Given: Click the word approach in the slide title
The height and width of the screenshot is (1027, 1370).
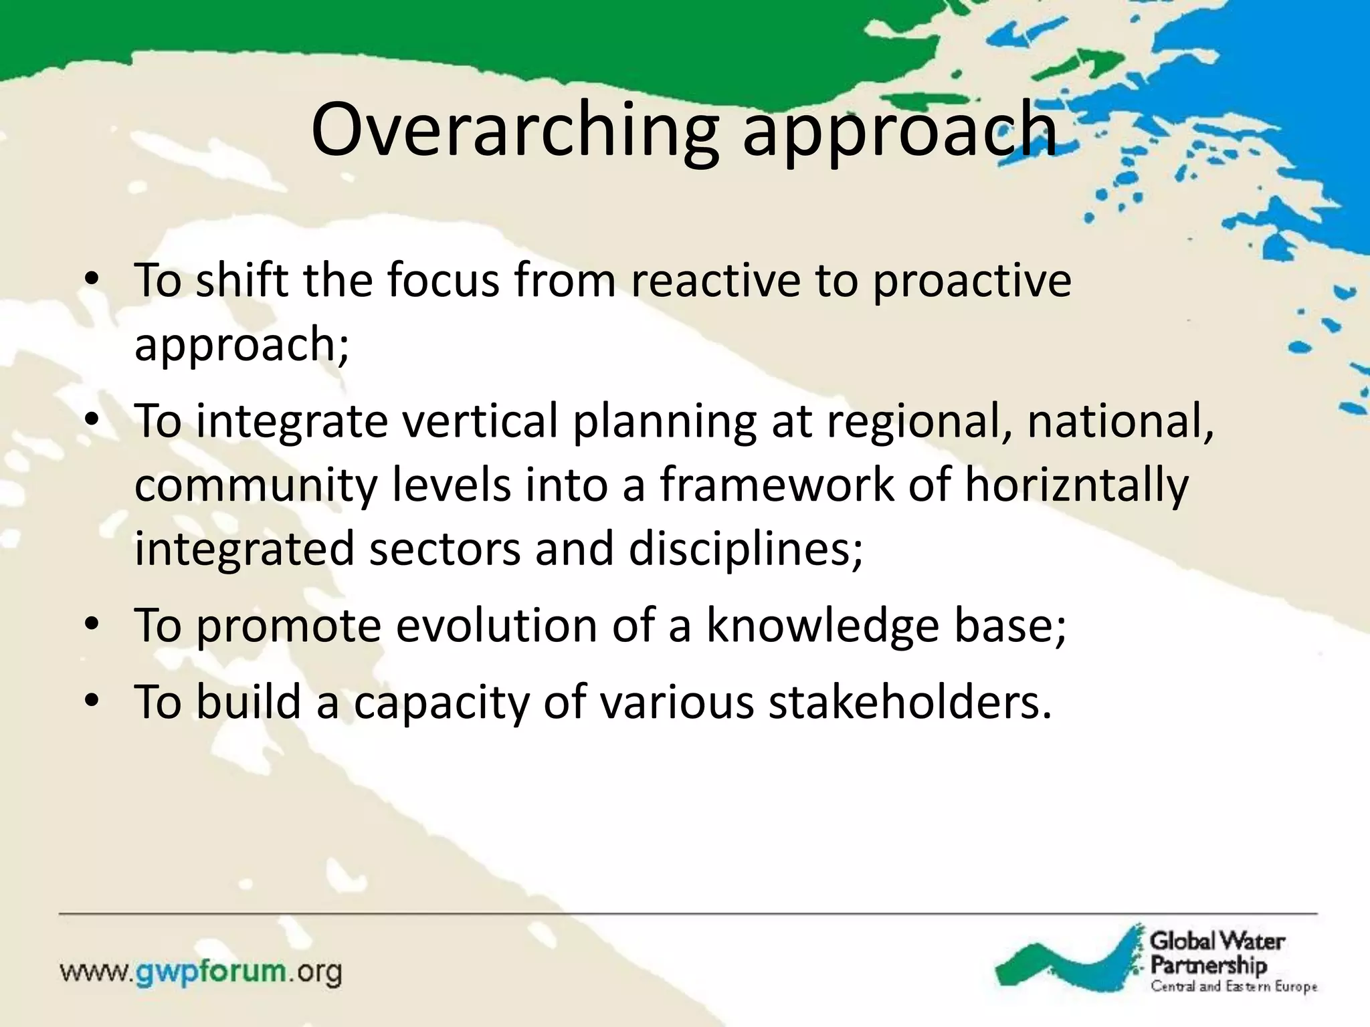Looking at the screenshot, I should [900, 134].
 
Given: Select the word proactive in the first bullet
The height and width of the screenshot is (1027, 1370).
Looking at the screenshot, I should [972, 281].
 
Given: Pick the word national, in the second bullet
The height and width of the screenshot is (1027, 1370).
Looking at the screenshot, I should [1120, 421].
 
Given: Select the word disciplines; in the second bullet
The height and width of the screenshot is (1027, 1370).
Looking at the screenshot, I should [745, 548].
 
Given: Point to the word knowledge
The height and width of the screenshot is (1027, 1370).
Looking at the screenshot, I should [823, 626].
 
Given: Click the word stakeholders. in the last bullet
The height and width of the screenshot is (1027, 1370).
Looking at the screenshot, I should [910, 702].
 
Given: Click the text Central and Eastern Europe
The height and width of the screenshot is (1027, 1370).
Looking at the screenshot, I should [1234, 987].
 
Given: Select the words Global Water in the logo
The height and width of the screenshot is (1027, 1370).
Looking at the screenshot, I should [1217, 941].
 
